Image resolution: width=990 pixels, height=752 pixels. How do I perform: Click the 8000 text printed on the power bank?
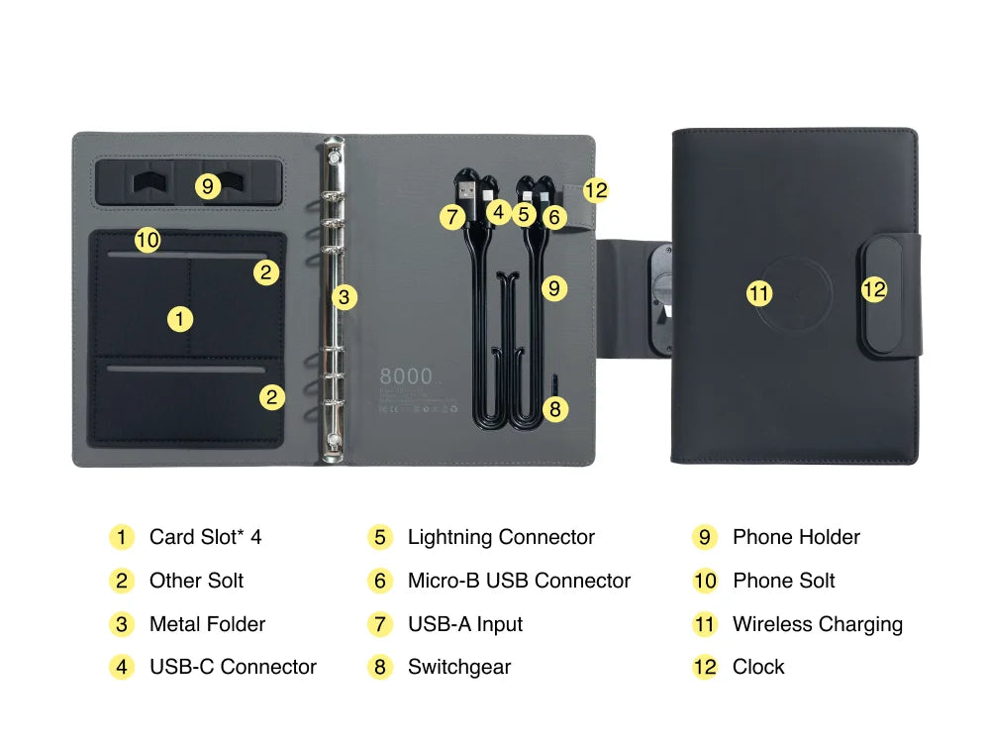(406, 376)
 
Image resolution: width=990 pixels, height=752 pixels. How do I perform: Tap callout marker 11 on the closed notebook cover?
(759, 292)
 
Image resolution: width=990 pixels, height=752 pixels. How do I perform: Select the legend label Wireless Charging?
(817, 624)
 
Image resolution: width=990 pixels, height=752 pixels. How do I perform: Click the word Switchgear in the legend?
(459, 667)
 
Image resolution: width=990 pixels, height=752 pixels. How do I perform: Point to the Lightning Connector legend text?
(501, 537)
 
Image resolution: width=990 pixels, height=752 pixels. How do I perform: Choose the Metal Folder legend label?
(207, 624)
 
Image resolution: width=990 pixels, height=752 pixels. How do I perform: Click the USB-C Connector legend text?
(233, 667)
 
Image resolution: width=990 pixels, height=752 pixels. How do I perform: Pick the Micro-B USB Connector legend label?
(519, 581)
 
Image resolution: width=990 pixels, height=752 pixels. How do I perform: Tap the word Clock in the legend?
(758, 667)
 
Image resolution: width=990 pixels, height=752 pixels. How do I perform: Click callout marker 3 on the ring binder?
(344, 296)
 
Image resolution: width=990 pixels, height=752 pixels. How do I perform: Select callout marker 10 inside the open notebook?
(148, 240)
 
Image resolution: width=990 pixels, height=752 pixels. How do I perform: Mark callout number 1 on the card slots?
(179, 319)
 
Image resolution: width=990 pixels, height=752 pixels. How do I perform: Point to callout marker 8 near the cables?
(554, 408)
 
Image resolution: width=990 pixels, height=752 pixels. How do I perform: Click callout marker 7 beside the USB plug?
(452, 216)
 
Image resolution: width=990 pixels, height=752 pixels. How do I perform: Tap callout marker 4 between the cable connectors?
(499, 211)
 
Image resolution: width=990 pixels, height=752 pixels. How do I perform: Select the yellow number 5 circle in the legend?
(380, 538)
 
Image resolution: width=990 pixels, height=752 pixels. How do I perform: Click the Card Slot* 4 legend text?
(205, 537)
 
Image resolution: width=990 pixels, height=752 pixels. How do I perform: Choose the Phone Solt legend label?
(783, 581)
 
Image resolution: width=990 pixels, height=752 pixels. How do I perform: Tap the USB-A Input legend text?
(464, 624)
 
